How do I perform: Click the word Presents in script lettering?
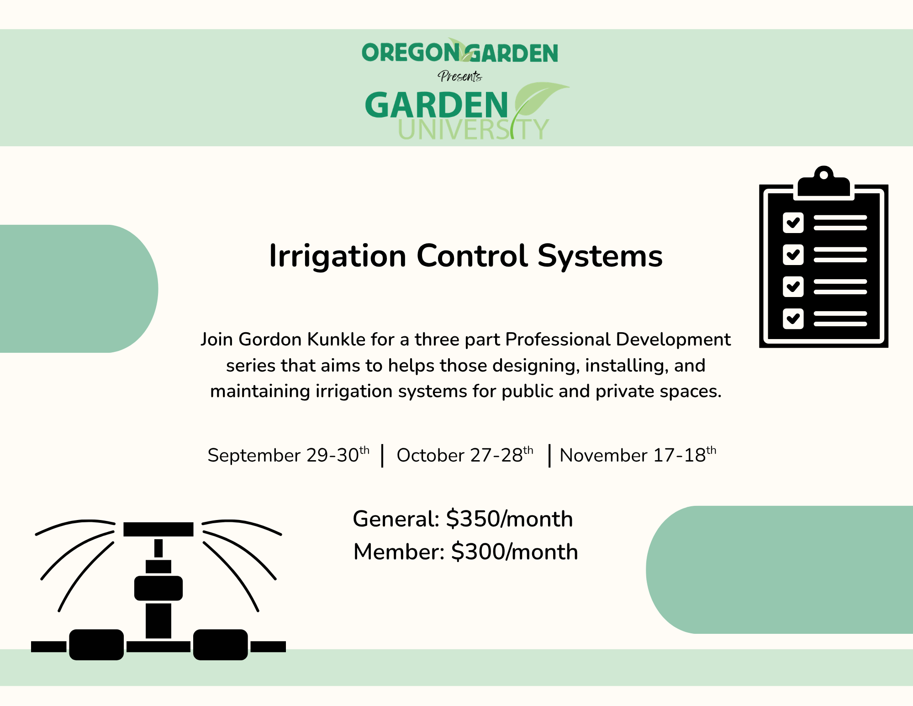point(459,76)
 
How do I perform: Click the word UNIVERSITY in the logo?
point(473,129)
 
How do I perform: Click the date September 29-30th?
point(289,455)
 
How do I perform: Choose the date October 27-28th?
point(465,455)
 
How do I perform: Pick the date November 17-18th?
point(638,455)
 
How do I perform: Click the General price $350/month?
point(509,519)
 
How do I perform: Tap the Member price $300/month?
point(515,552)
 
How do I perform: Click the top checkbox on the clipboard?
point(793,223)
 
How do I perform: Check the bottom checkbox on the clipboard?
point(793,319)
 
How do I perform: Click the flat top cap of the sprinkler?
point(158,529)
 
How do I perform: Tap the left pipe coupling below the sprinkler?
point(96,645)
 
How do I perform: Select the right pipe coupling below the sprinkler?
point(221,645)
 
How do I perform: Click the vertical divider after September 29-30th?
point(382,456)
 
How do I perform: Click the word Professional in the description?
point(558,340)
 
